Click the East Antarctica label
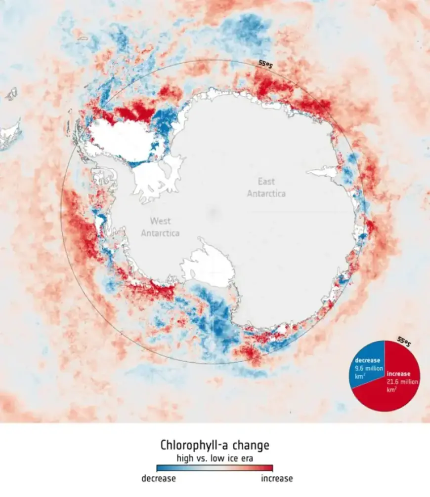266,188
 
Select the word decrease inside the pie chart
367,360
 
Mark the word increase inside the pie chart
398,374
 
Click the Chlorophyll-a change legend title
215,445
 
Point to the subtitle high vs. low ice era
215,458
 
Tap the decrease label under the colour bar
159,478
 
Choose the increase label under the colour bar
276,478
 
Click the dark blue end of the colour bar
159,468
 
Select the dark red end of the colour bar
270,468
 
